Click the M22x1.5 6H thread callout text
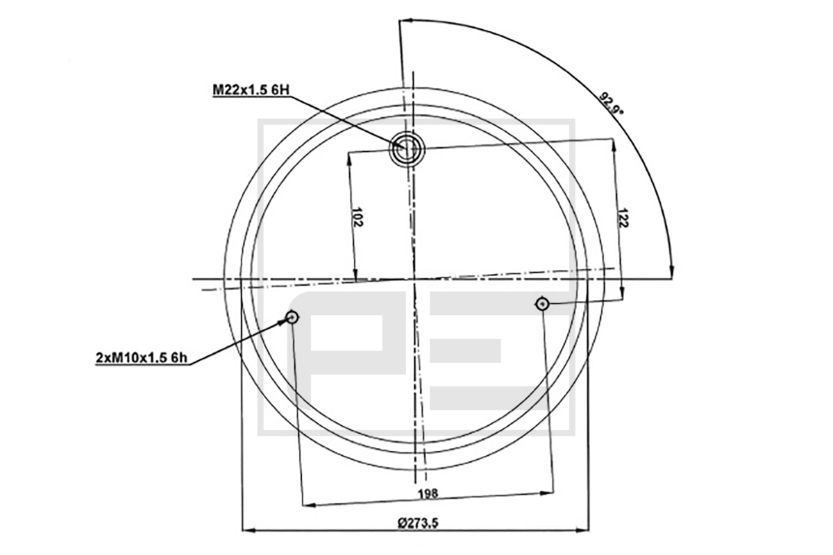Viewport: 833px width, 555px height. [251, 90]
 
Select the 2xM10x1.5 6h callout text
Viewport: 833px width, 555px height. [142, 357]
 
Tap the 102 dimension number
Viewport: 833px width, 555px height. [357, 216]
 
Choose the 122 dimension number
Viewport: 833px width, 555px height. [623, 219]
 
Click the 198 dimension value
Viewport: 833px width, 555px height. [428, 494]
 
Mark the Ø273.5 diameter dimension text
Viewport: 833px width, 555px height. [418, 523]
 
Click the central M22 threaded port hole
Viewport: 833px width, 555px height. [407, 148]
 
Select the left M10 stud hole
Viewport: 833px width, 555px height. [292, 317]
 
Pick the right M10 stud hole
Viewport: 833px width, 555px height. [543, 305]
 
